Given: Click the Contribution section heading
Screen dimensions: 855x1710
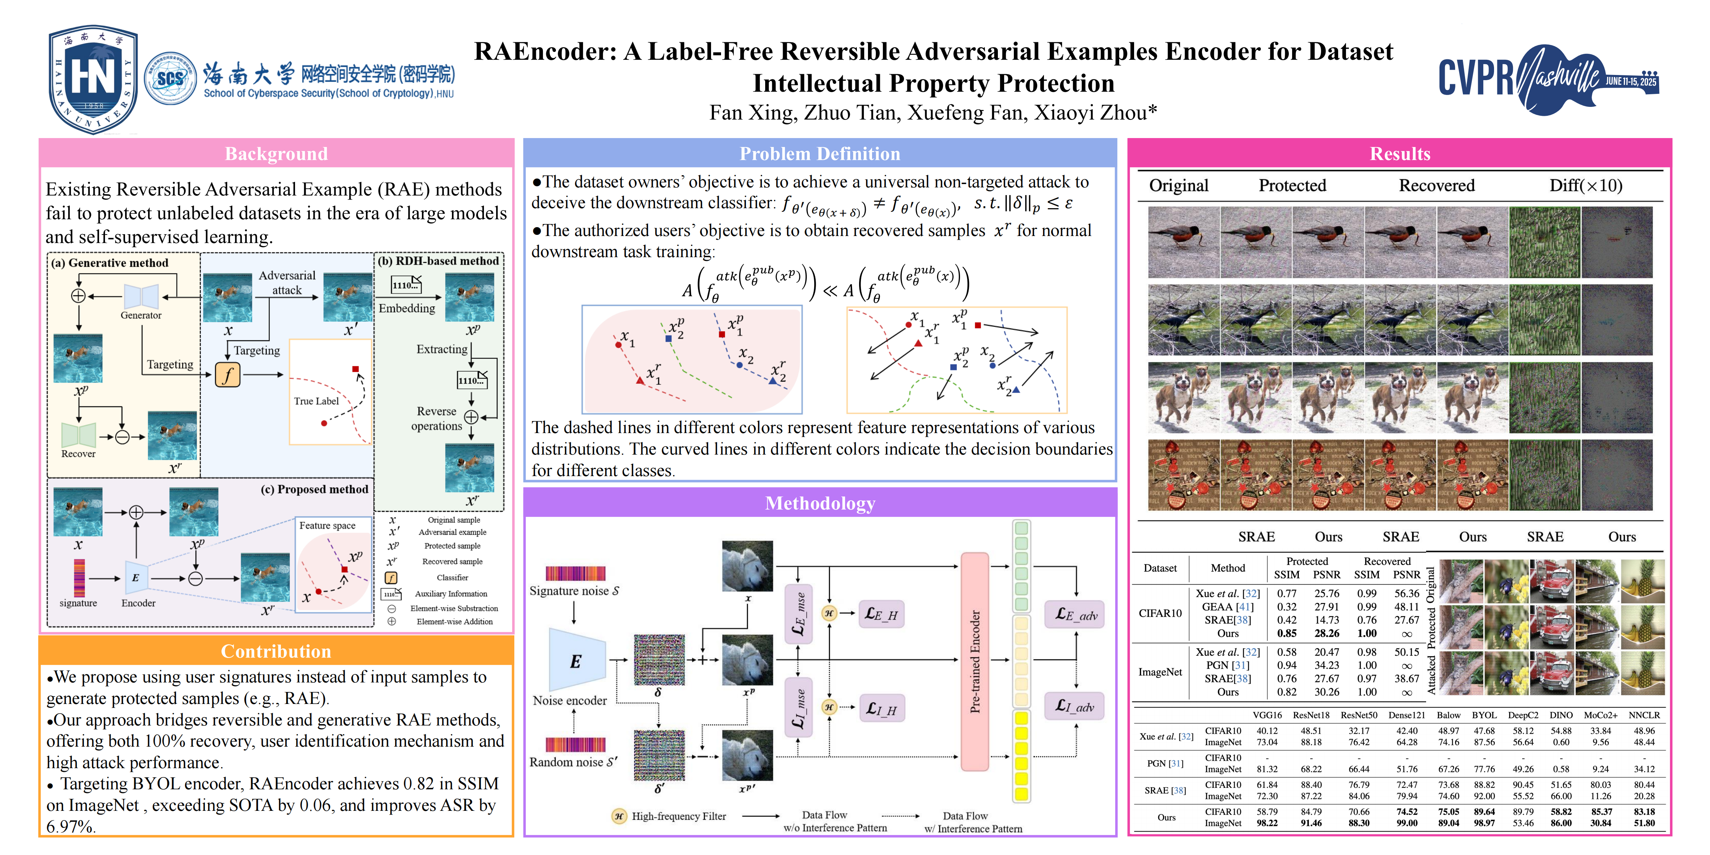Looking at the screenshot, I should click(276, 651).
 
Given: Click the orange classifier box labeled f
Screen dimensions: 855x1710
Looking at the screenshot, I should click(227, 375).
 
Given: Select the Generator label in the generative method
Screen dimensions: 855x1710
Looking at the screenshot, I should click(141, 315).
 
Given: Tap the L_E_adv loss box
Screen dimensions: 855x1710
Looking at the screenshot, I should click(1075, 615).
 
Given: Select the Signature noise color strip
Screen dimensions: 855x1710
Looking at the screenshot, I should click(576, 574).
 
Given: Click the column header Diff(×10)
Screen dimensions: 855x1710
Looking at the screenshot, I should click(1585, 186).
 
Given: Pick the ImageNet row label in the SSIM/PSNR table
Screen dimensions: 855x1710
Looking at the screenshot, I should click(1160, 672).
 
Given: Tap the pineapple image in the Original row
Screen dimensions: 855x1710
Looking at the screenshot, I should click(1642, 581).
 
